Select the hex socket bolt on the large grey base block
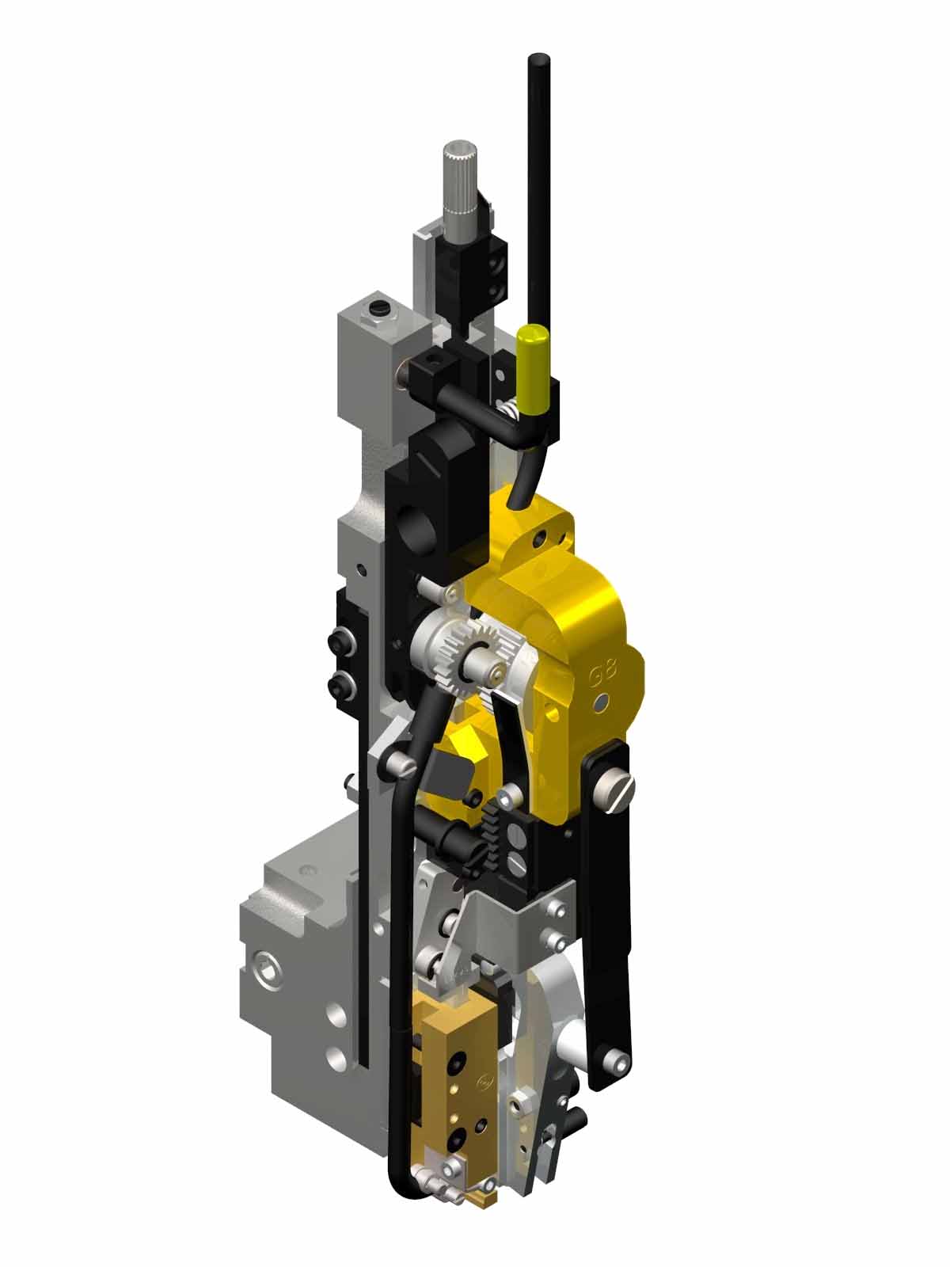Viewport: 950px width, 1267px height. coord(265,968)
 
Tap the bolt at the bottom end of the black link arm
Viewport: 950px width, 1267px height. coord(611,1058)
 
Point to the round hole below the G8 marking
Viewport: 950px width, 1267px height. coord(603,702)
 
